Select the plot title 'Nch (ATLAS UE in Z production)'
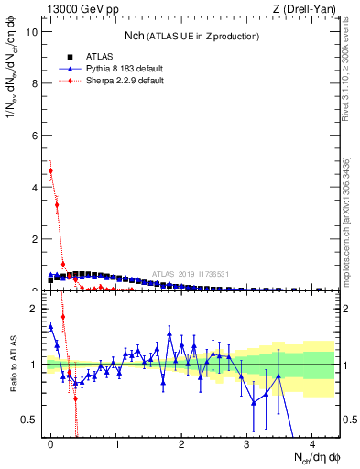coord(191,36)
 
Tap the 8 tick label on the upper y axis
coord(34,83)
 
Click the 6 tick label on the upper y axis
coord(34,136)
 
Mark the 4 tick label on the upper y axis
coord(34,187)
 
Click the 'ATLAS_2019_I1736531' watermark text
coord(191,273)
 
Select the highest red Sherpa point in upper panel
coord(50,170)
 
